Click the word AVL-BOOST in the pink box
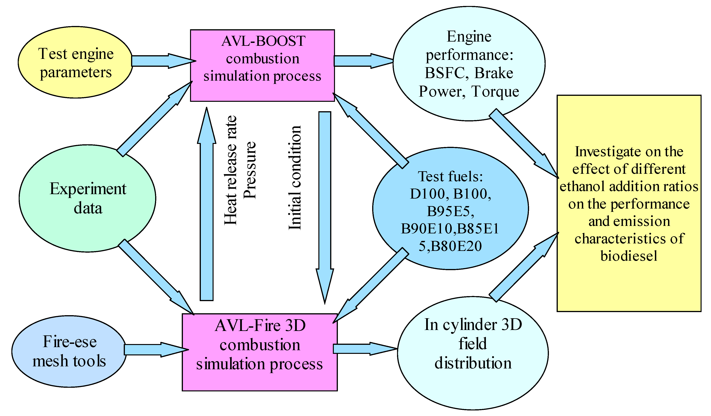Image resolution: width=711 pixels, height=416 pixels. point(263,41)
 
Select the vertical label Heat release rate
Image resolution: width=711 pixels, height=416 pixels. point(231,171)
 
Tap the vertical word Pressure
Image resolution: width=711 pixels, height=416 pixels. point(250,171)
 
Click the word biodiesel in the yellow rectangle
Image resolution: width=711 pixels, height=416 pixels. point(629,256)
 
